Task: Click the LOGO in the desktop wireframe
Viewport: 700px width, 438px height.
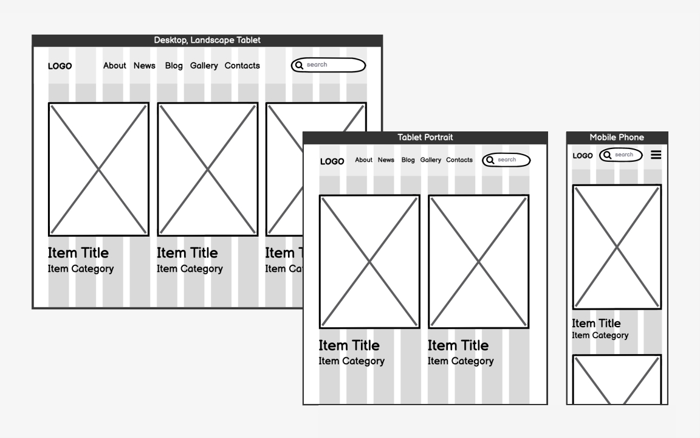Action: point(60,66)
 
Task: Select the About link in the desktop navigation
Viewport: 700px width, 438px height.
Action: point(114,66)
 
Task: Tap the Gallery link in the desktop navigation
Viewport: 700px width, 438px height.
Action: point(204,66)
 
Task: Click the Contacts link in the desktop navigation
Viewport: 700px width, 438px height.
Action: point(242,66)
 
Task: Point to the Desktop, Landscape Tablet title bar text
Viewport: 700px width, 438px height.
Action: point(207,40)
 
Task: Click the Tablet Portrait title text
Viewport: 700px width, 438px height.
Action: point(425,137)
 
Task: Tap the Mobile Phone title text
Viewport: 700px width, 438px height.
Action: point(617,137)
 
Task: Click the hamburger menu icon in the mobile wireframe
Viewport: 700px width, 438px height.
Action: point(656,155)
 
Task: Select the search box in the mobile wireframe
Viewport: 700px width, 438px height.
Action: point(621,155)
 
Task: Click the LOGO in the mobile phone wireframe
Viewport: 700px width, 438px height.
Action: point(583,156)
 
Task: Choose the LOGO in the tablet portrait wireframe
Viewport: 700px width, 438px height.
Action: point(332,161)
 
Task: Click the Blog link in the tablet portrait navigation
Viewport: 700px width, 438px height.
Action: point(408,160)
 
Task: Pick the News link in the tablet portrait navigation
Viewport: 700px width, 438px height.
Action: point(386,160)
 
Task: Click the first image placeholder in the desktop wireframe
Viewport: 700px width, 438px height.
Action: point(98,169)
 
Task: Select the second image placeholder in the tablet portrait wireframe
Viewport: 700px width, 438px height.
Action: point(479,262)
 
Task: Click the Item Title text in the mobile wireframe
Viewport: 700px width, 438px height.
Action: point(596,323)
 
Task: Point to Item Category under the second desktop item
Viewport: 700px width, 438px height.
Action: point(190,269)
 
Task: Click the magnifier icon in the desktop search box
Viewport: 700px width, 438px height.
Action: point(299,65)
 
